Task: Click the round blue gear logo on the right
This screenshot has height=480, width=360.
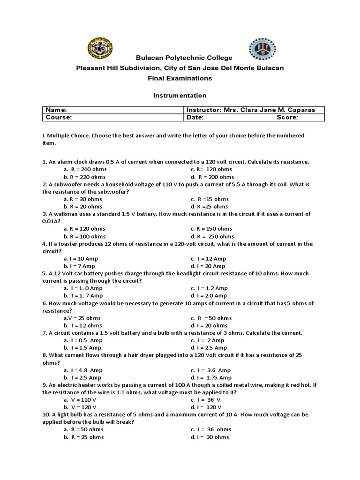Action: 262,49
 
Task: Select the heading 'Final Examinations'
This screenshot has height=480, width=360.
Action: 180,78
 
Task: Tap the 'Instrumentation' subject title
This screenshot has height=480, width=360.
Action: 180,95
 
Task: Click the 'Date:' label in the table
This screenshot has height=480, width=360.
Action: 195,118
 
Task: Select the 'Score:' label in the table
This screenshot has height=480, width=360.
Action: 287,118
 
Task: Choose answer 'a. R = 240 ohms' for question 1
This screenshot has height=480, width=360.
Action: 85,169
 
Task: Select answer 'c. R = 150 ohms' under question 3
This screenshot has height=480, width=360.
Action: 211,229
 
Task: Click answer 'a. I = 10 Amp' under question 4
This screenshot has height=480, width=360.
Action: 81,259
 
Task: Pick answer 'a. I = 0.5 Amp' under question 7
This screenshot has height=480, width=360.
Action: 82,340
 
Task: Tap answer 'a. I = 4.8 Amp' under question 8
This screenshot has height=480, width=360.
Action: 82,370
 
